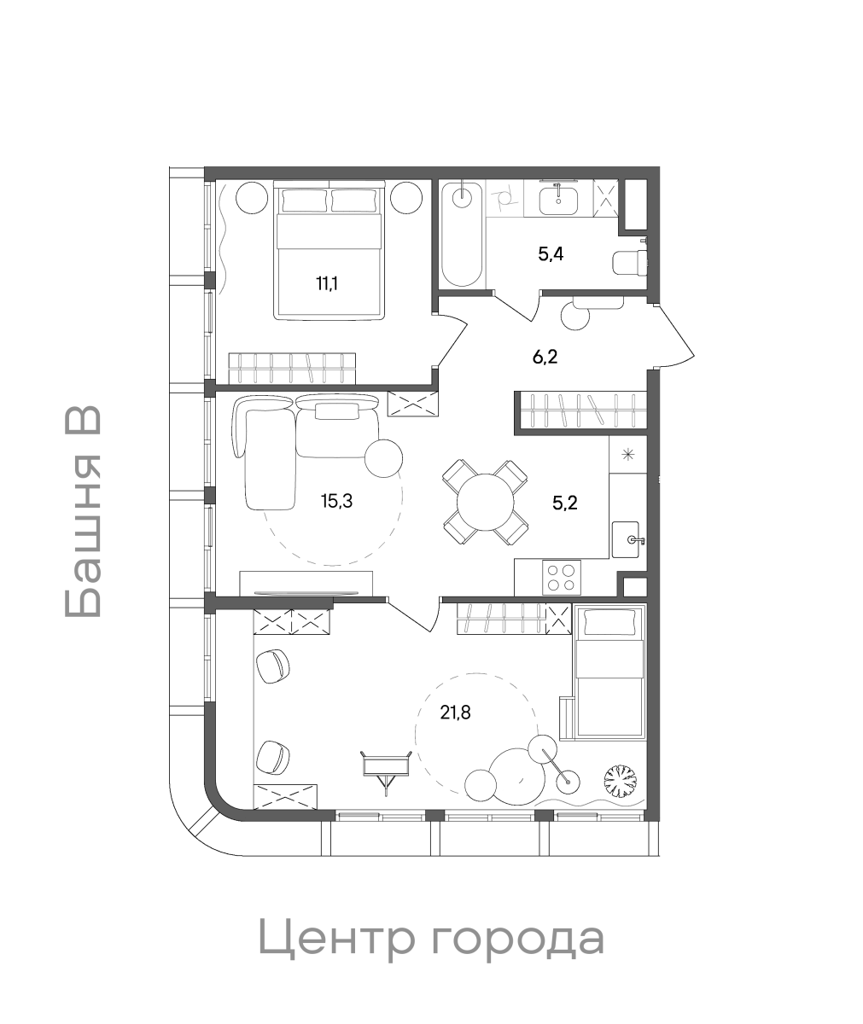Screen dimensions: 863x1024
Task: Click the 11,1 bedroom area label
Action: (327, 283)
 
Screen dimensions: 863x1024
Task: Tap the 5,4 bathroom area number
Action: (551, 254)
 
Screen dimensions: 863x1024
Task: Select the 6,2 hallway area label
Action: (545, 357)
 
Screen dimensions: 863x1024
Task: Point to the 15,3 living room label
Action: (337, 501)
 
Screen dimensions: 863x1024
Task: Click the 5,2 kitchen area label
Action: (565, 503)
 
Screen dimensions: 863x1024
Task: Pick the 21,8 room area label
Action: (455, 712)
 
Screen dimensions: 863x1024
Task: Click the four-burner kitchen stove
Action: (562, 578)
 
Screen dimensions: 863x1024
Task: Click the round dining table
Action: (485, 503)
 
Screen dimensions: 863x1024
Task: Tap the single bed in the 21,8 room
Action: (609, 672)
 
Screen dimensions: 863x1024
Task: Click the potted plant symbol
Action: (620, 780)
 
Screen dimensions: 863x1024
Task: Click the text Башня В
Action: (83, 511)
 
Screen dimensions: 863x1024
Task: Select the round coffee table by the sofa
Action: (383, 458)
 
